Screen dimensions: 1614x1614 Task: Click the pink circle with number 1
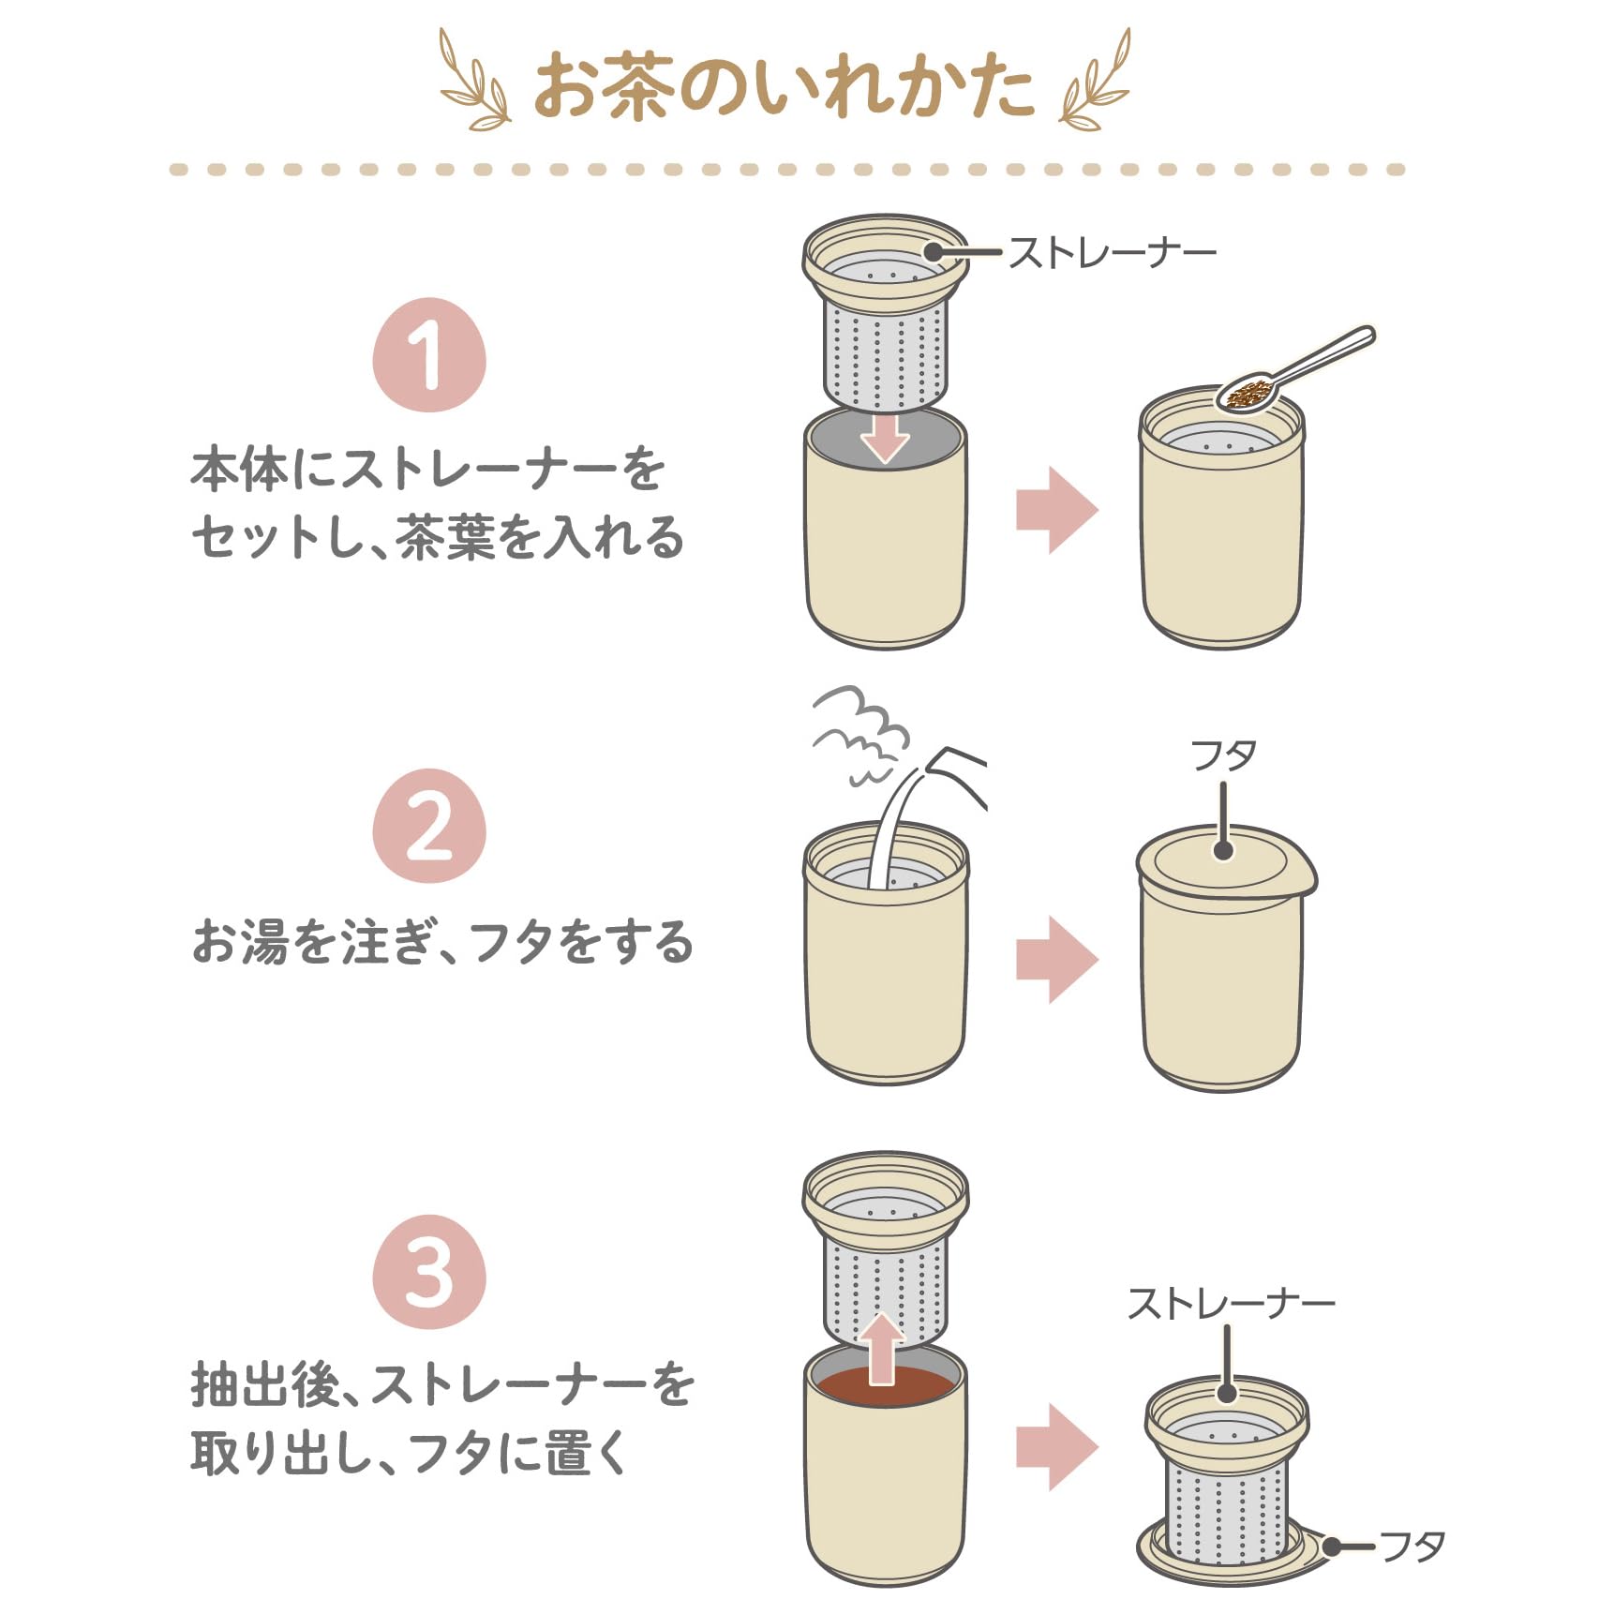429,355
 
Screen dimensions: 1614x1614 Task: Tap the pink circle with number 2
429,826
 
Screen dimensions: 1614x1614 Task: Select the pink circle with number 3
429,1272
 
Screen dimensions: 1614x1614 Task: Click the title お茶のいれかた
784,86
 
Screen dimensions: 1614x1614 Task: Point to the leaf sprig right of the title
1095,82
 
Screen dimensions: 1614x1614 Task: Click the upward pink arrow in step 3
882,1348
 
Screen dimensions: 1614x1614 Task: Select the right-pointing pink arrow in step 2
1057,960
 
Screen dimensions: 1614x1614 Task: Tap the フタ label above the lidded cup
1223,755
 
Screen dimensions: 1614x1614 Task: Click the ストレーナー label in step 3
1231,1304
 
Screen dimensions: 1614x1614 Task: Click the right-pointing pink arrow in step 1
1057,510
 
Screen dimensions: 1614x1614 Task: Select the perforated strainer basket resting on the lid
1226,1509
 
